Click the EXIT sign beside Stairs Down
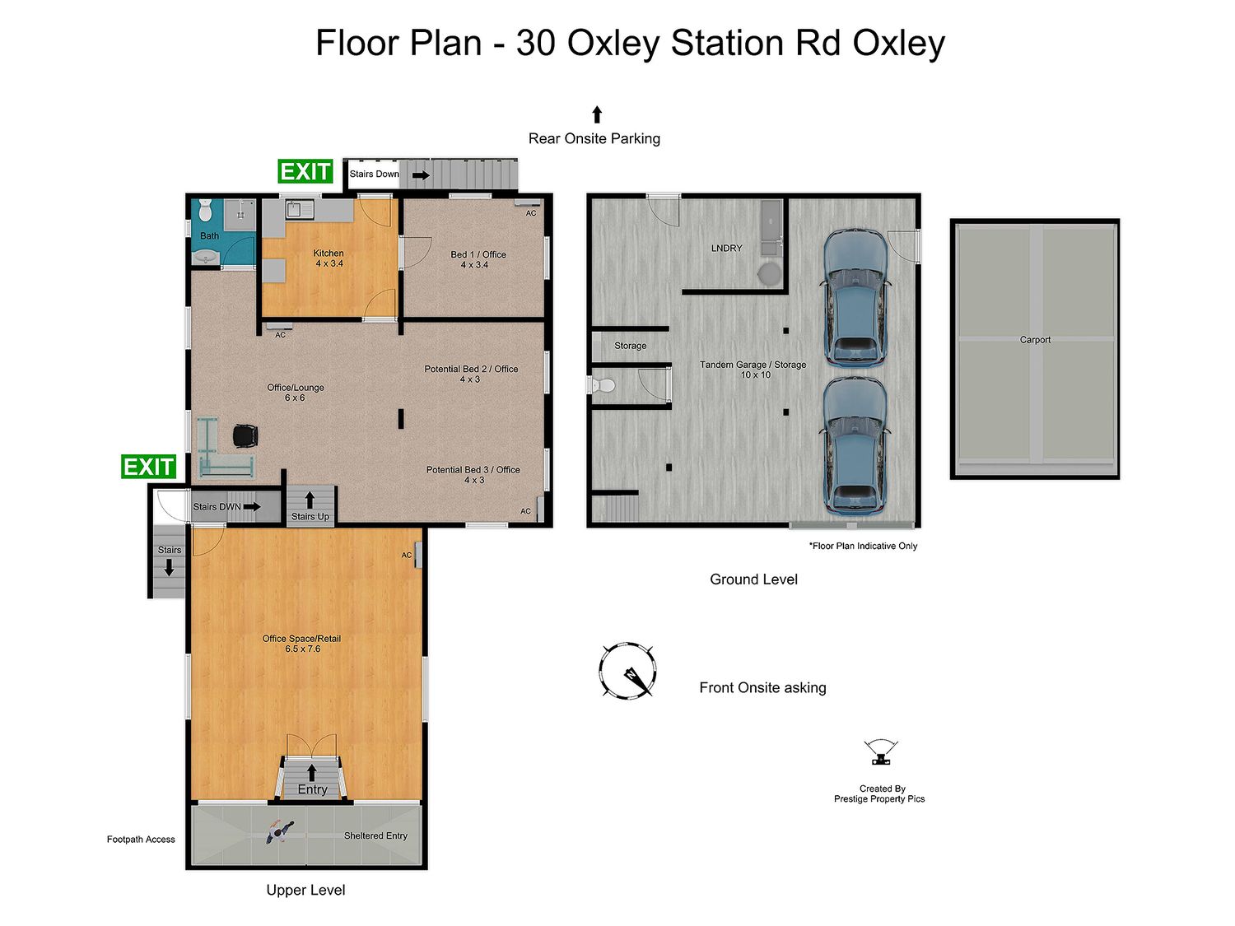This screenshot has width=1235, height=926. (x=305, y=171)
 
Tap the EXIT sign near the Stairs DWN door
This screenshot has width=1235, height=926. (x=148, y=467)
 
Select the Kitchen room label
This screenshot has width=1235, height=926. (x=329, y=254)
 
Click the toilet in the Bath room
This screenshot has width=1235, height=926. (x=205, y=210)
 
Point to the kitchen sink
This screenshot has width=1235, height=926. (x=295, y=210)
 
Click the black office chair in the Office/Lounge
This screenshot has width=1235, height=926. (x=245, y=435)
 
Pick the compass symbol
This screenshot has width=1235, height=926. (x=627, y=671)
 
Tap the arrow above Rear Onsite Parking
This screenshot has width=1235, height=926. (x=597, y=114)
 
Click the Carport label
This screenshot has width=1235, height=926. (x=1035, y=340)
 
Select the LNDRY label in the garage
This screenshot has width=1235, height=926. (x=726, y=248)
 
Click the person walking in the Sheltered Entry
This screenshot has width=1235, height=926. (x=280, y=831)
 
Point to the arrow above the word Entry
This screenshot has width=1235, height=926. (x=312, y=772)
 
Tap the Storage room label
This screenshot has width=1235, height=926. (x=630, y=346)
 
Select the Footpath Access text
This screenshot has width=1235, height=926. (x=141, y=840)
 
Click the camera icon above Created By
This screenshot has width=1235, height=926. (x=880, y=752)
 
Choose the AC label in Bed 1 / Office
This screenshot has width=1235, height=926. (x=531, y=213)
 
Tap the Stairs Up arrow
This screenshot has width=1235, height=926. (x=310, y=500)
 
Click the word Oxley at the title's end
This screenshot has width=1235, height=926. (x=898, y=44)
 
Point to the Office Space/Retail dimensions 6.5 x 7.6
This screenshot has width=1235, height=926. (x=303, y=649)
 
